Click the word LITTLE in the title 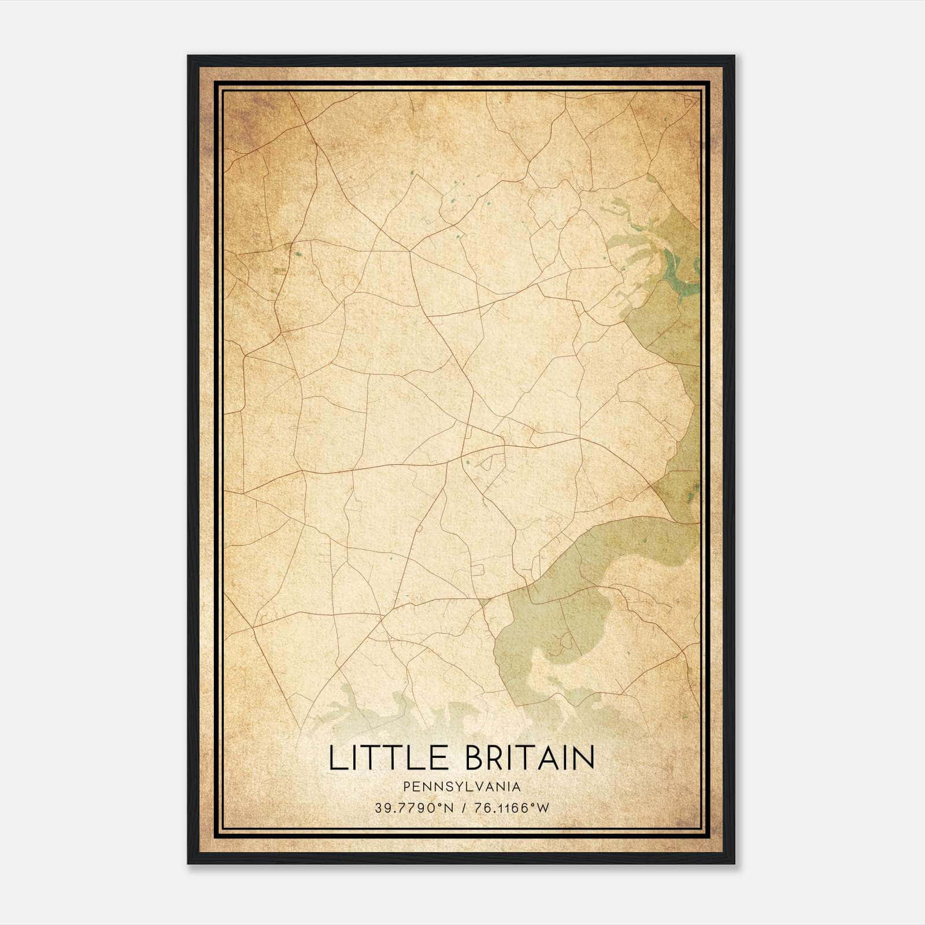[388, 758]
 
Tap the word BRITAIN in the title [530, 758]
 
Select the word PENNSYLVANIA [462, 786]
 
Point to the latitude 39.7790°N [413, 808]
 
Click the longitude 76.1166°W [510, 808]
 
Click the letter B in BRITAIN [475, 758]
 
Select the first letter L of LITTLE [336, 758]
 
